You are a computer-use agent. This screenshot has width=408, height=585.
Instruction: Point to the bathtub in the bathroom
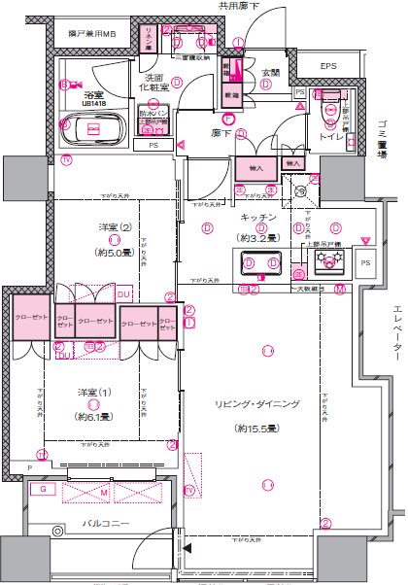click(94, 127)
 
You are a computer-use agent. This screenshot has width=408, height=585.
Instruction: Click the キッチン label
click(258, 219)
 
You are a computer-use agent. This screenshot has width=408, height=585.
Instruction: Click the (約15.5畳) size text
click(265, 428)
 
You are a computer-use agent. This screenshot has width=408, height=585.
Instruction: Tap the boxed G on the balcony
click(44, 490)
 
